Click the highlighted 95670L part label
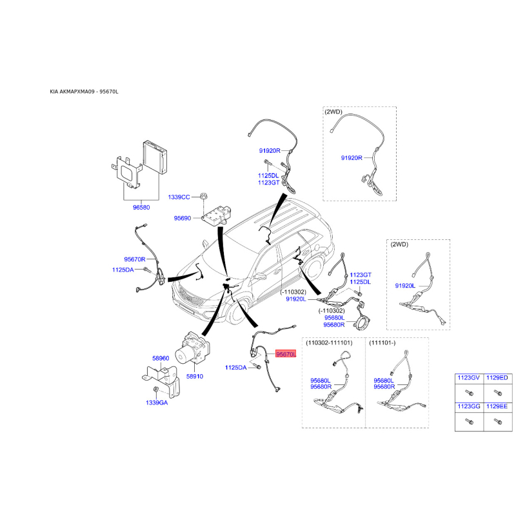click(x=286, y=354)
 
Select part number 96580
click(x=141, y=207)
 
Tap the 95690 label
click(x=183, y=218)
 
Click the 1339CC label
click(x=179, y=197)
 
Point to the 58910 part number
click(x=195, y=376)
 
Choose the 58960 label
click(x=161, y=359)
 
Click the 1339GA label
click(x=157, y=402)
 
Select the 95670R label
click(x=135, y=259)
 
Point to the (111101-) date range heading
click(x=382, y=343)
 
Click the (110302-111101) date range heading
click(x=329, y=343)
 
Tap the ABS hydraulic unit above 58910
click(x=192, y=348)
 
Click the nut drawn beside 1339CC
click(x=204, y=197)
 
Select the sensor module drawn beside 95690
click(x=216, y=215)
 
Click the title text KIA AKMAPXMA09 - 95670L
click(x=84, y=92)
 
